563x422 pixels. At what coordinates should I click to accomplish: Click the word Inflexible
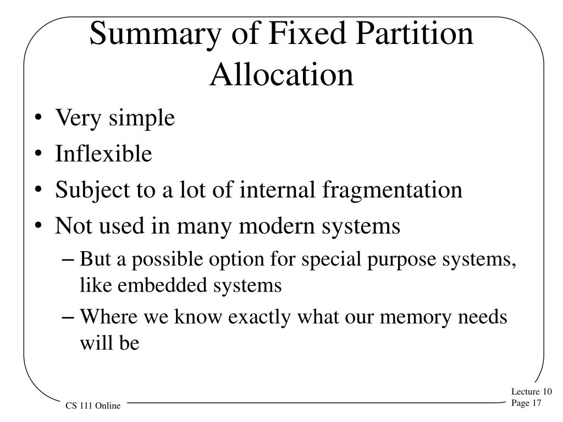coord(103,154)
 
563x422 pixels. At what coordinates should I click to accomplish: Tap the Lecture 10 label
coord(531,392)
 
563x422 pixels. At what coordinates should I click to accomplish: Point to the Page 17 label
coord(527,403)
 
